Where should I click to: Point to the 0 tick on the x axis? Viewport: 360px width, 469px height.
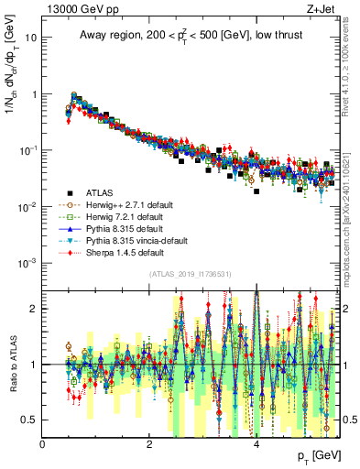pos(43,444)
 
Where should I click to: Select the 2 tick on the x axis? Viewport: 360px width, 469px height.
pos(150,444)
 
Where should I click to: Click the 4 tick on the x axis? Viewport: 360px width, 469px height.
pos(256,444)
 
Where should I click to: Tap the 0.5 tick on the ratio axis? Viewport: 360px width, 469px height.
pos(29,420)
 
